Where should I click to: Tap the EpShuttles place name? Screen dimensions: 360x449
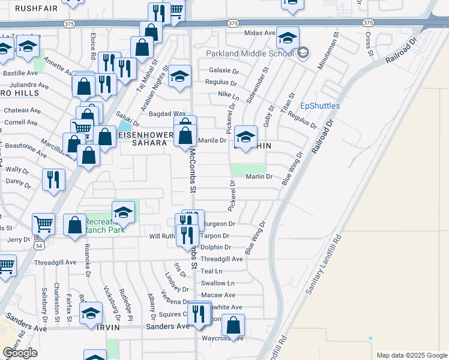coord(320,106)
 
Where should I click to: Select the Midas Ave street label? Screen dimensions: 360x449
coord(259,33)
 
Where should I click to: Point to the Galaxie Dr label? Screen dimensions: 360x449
coord(224,70)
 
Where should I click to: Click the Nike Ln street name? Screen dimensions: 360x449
coord(228,94)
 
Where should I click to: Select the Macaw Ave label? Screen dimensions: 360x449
coord(218,295)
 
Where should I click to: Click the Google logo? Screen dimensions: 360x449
coord(20,353)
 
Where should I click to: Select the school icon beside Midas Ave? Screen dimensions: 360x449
coord(288,38)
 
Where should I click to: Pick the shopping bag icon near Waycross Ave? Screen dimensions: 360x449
coord(234,325)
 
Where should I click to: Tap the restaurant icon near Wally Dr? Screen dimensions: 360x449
coord(53,179)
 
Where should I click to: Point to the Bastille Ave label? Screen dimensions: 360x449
coord(21,73)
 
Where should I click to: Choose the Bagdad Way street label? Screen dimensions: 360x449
coord(167,113)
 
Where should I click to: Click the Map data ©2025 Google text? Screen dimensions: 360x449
coord(411,355)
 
